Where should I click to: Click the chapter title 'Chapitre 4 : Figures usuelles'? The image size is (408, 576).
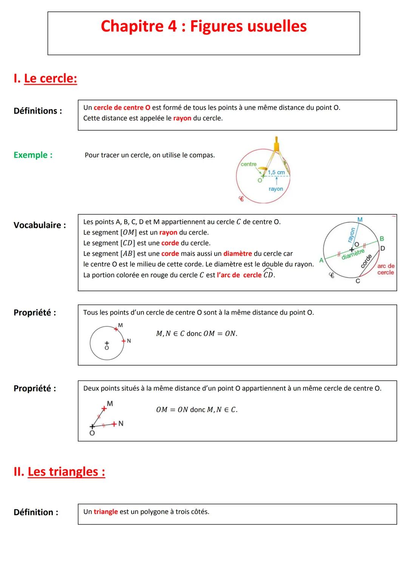tap(204, 26)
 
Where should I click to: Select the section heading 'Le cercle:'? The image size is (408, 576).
tap(50, 78)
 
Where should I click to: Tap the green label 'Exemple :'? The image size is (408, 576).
tap(33, 155)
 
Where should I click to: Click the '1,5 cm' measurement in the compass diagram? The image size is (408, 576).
tap(276, 172)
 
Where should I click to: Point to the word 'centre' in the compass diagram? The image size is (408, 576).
tap(249, 164)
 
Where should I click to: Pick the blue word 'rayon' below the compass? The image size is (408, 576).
tap(276, 189)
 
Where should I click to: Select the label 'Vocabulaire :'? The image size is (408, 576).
tap(40, 225)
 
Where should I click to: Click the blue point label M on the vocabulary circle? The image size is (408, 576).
tap(360, 220)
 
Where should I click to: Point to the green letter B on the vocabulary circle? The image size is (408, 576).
tap(382, 239)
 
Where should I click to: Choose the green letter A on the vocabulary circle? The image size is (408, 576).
tap(321, 260)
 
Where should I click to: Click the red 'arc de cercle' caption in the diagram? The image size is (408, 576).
tap(386, 269)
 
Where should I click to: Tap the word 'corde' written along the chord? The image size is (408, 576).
tap(366, 261)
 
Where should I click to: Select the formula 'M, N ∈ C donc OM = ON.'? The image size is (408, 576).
tap(197, 333)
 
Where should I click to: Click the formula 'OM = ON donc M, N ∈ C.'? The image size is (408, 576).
tap(197, 410)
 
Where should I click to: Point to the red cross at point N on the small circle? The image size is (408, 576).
tap(123, 341)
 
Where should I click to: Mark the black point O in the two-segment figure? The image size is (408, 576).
tap(92, 427)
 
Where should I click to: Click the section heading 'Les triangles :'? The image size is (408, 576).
tap(66, 472)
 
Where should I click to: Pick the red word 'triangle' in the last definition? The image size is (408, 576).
tap(106, 512)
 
